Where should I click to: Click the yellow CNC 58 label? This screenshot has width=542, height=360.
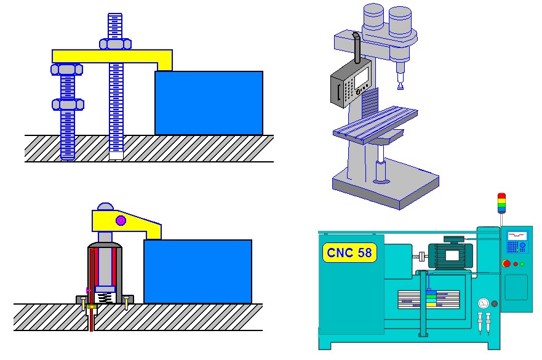coord(349,252)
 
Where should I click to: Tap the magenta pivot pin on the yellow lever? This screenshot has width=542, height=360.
coord(121,220)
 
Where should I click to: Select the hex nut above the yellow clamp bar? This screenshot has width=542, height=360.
coord(115,44)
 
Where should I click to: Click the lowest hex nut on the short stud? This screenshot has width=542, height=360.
coord(68,105)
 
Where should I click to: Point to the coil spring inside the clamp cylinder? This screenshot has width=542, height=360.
coord(105,297)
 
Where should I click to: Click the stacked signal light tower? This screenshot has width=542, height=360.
coord(501,202)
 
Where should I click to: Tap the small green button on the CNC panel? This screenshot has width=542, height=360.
coord(522,264)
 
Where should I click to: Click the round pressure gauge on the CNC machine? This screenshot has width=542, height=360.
coord(484,303)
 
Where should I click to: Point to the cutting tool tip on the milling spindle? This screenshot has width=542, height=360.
coord(401,86)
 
